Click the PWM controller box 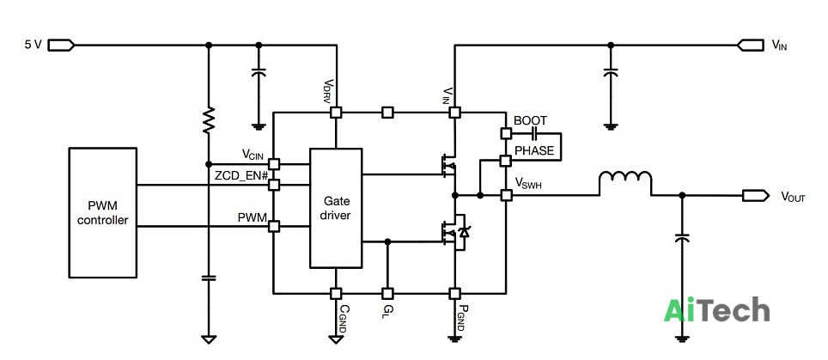102,213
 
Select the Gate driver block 336,208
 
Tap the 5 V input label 33,45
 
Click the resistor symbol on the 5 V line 209,119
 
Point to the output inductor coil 625,180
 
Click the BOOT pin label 530,121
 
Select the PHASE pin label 534,151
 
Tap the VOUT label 793,197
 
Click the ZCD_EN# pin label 241,176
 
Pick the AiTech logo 716,309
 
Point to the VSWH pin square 507,195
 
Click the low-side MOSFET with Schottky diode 455,231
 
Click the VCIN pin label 253,155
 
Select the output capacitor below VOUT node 682,239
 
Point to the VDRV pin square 336,113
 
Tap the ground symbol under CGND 336,339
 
